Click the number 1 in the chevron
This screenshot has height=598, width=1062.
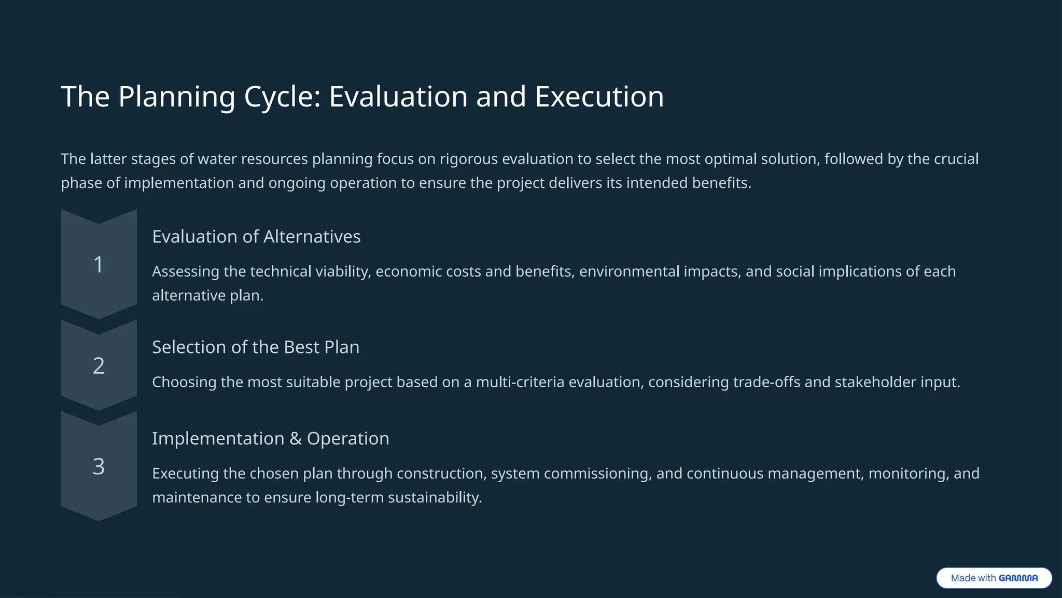click(x=98, y=265)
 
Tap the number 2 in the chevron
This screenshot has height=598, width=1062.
click(x=99, y=366)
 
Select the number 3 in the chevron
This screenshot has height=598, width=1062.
click(x=99, y=467)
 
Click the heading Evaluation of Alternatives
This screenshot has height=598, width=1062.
click(x=256, y=237)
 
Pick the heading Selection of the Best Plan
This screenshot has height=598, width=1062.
click(x=255, y=347)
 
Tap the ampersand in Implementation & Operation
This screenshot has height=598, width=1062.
click(x=296, y=439)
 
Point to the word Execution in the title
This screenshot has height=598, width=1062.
click(x=599, y=97)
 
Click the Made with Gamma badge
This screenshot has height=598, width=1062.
click(x=994, y=578)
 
